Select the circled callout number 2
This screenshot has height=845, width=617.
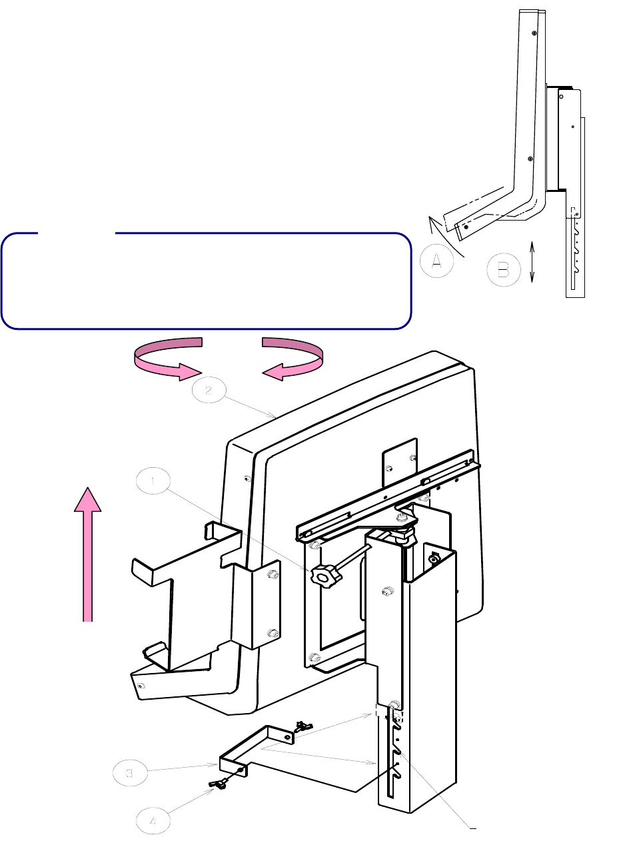(209, 391)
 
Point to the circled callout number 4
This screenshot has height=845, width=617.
(153, 822)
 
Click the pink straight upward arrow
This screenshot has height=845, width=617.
(87, 553)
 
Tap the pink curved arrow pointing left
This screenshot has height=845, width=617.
(293, 359)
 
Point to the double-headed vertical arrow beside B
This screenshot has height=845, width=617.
(532, 262)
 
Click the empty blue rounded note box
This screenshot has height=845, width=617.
(205, 281)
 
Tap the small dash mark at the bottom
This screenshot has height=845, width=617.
(473, 828)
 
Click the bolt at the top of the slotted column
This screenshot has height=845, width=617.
(395, 704)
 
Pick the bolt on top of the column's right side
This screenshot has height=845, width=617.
(434, 558)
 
